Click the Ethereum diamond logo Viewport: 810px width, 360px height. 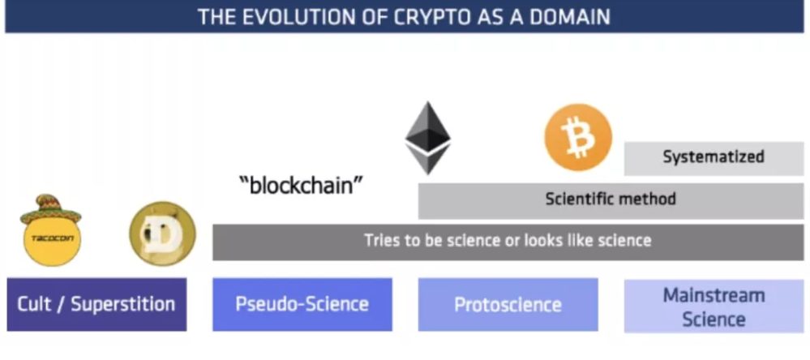pos(428,138)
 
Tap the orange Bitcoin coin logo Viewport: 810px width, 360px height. pos(578,137)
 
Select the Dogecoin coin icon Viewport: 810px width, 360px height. pos(162,234)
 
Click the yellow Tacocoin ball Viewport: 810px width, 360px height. pos(52,239)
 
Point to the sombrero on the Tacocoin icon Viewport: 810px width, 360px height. pos(50,208)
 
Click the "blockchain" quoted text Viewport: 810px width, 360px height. pos(301,185)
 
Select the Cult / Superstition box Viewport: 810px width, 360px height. pos(96,304)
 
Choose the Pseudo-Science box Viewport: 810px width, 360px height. pos(302,304)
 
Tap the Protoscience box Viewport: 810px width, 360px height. pos(508,304)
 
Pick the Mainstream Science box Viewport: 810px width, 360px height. pos(714,306)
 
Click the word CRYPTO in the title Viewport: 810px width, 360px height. pos(437,16)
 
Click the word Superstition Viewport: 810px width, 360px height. pos(123,304)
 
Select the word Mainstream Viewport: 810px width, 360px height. pos(714,295)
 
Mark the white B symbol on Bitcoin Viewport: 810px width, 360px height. pos(577,137)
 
